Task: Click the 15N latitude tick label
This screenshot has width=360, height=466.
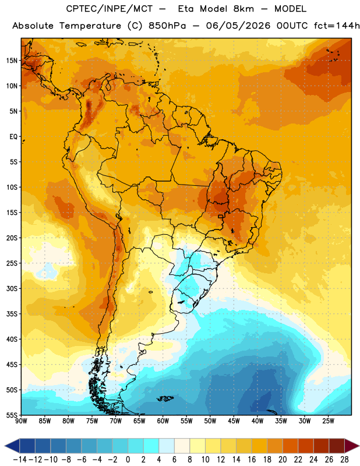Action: click(12, 61)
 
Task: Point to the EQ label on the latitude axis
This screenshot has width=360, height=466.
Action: click(13, 137)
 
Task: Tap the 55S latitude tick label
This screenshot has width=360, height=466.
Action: click(12, 415)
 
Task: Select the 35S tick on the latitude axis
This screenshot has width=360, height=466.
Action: click(12, 314)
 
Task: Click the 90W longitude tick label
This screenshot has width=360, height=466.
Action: click(21, 421)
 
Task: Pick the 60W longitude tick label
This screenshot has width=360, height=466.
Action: click(163, 421)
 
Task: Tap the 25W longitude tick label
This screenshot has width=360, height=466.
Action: click(328, 421)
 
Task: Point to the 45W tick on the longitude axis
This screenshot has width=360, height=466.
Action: click(234, 421)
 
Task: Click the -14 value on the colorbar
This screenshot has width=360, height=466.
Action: click(20, 460)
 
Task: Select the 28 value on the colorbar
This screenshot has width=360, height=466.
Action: click(344, 460)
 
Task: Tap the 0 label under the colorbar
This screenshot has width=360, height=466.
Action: click(128, 460)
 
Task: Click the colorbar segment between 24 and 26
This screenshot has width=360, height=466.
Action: click(322, 446)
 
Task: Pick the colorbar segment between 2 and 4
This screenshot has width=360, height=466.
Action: click(151, 446)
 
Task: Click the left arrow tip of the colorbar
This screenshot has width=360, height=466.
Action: click(5, 446)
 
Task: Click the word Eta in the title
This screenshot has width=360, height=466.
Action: click(186, 9)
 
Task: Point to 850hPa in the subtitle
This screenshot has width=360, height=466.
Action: click(167, 26)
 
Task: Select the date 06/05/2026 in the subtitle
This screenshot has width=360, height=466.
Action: click(238, 26)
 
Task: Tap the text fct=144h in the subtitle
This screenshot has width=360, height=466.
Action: click(337, 26)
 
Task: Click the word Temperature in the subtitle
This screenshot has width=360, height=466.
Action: click(90, 26)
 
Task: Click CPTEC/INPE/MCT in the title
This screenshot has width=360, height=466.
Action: click(110, 9)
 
